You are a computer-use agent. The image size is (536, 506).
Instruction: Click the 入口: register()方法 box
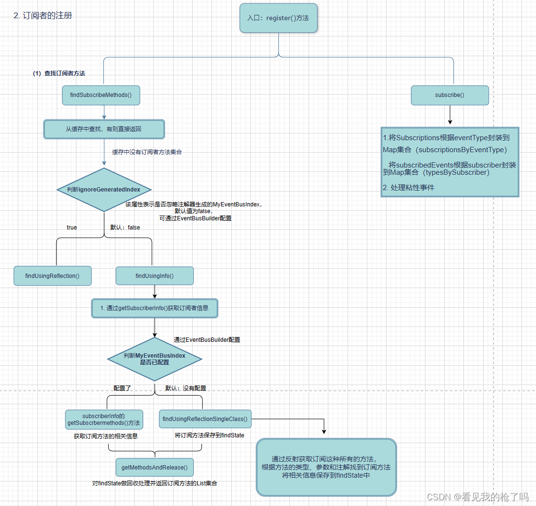click(x=278, y=18)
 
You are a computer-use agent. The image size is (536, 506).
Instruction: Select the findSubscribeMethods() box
click(x=104, y=95)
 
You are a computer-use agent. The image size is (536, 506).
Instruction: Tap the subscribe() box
click(x=449, y=95)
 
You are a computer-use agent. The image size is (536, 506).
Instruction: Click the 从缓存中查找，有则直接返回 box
click(x=104, y=129)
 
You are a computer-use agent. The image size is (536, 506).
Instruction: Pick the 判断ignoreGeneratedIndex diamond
click(x=104, y=190)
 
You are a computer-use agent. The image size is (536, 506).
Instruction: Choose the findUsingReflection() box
click(x=52, y=276)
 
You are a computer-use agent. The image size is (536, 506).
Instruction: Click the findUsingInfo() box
click(x=154, y=276)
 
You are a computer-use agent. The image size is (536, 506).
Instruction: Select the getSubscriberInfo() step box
click(x=154, y=308)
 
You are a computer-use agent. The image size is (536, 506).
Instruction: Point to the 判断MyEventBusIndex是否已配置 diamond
click(x=154, y=359)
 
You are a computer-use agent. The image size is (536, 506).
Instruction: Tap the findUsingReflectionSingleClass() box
click(x=205, y=419)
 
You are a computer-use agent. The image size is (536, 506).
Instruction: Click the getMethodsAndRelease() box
click(x=154, y=467)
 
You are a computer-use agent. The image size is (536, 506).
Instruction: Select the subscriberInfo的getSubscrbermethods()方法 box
click(x=104, y=420)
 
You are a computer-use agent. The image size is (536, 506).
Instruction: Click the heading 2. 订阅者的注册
click(x=43, y=15)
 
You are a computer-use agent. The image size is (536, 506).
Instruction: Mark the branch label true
click(x=72, y=227)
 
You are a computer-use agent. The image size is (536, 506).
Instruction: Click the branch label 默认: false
click(x=125, y=227)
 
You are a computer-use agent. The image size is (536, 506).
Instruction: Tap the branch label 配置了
click(x=122, y=388)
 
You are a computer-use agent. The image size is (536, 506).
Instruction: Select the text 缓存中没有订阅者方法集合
click(x=147, y=152)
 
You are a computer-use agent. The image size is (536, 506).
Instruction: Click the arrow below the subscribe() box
click(x=449, y=115)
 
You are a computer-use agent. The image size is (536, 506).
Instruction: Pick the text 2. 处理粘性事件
click(x=409, y=188)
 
